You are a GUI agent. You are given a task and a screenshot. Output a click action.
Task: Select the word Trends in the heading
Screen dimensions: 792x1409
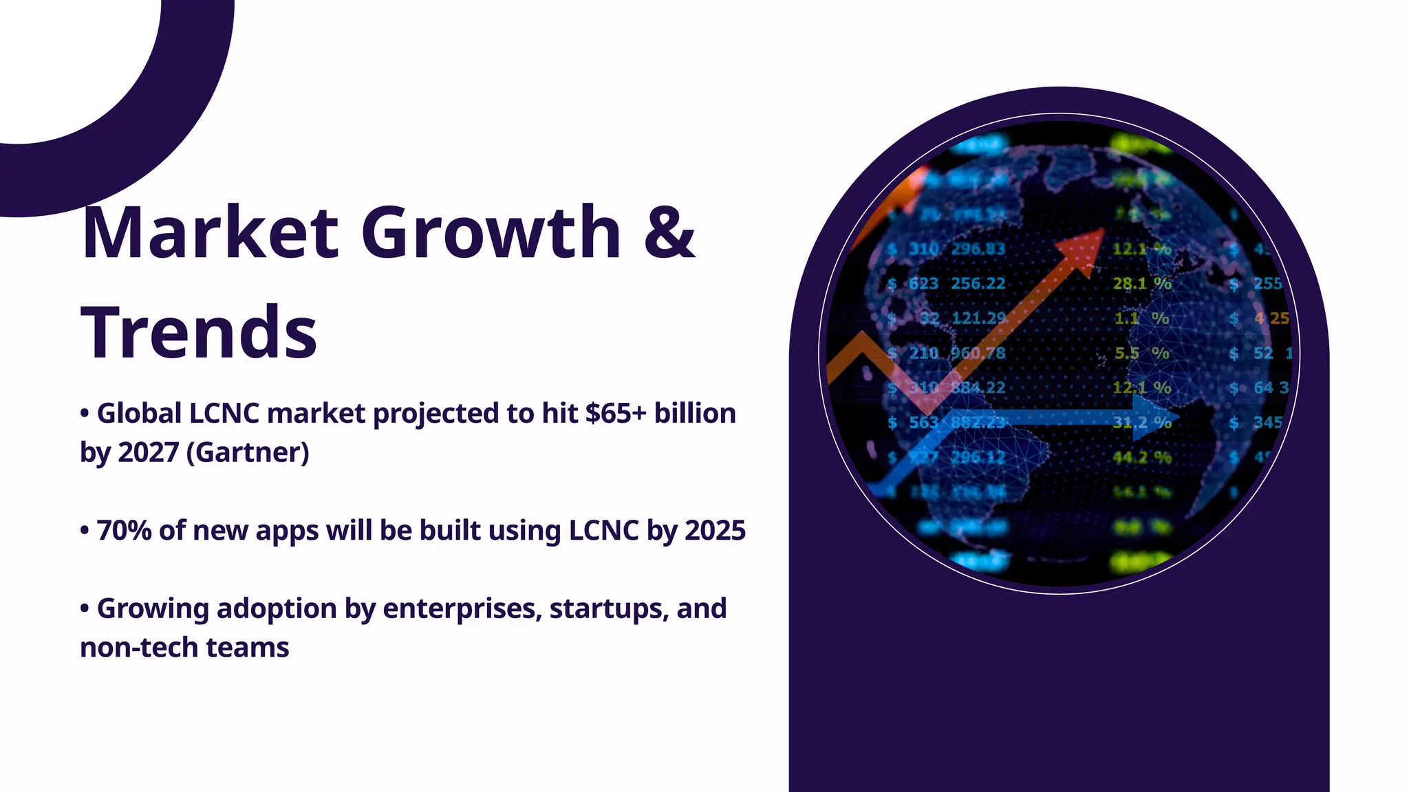[x=199, y=333]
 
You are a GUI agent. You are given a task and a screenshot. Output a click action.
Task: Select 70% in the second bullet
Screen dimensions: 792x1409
[x=124, y=531]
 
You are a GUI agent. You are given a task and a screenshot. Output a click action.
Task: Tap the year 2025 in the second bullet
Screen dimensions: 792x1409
[x=716, y=531]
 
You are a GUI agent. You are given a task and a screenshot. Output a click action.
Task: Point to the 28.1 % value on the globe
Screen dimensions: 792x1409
[x=1141, y=283]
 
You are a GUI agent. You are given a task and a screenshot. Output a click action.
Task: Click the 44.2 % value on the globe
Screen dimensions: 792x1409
[x=1141, y=457]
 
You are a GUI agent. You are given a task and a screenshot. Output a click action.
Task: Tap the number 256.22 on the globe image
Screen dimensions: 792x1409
[x=978, y=283]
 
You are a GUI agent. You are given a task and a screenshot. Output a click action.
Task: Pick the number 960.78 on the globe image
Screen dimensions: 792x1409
[x=978, y=353]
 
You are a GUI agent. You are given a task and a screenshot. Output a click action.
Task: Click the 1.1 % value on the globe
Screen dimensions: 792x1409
[x=1141, y=318]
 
